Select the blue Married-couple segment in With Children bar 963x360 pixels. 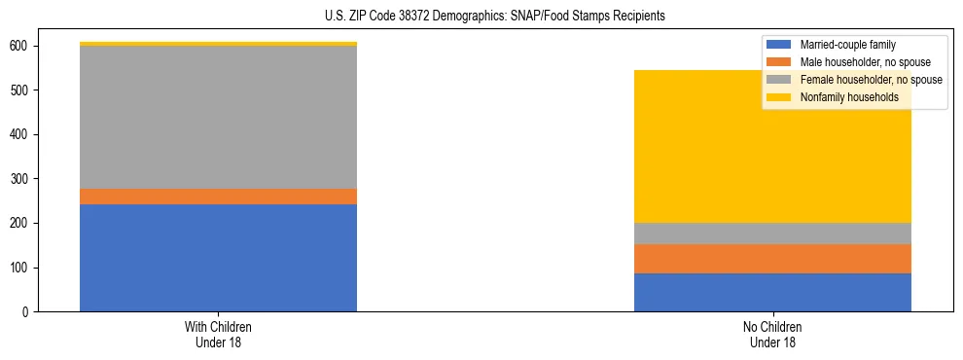pyautogui.click(x=218, y=258)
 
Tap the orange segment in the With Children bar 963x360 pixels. pyautogui.click(x=218, y=197)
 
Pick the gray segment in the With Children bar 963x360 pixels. pyautogui.click(x=218, y=118)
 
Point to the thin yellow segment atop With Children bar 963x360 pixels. pyautogui.click(x=218, y=44)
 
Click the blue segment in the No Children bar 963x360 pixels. pyautogui.click(x=772, y=292)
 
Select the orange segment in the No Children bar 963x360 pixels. pyautogui.click(x=772, y=259)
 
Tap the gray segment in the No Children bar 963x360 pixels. pyautogui.click(x=772, y=234)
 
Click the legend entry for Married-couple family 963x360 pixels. pyautogui.click(x=847, y=45)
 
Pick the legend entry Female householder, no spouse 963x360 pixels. pyautogui.click(x=870, y=80)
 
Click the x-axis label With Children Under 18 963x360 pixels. pyautogui.click(x=218, y=334)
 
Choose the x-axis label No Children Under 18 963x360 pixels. pyautogui.click(x=772, y=334)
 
